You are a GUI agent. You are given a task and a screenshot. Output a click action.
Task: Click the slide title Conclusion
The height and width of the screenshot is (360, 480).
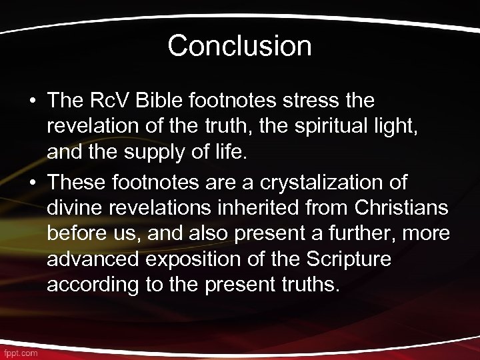(x=239, y=46)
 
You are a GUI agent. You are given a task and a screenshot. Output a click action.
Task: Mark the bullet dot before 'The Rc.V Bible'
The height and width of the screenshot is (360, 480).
(x=32, y=102)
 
